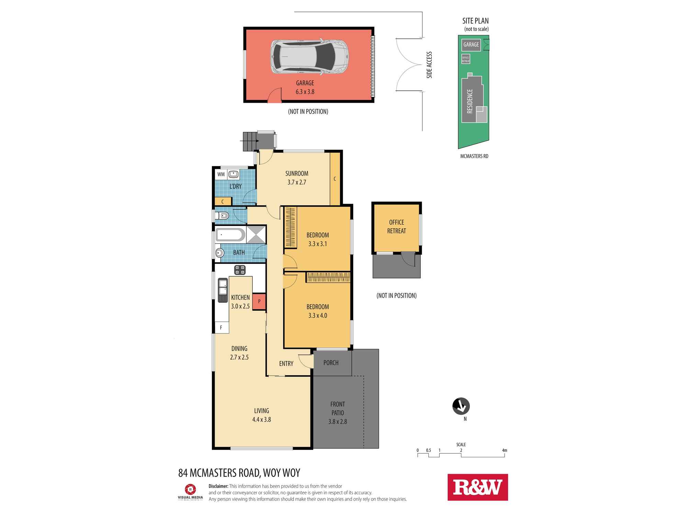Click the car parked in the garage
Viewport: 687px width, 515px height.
[310, 56]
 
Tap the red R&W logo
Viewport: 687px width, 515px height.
[477, 487]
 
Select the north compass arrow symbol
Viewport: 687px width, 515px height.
[461, 406]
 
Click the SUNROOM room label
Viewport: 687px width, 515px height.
[297, 174]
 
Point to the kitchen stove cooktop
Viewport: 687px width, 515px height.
[240, 270]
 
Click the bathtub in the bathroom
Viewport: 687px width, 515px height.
[230, 235]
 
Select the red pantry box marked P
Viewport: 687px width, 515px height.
[259, 301]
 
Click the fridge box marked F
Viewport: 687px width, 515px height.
[221, 328]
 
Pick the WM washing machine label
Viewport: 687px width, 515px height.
[221, 174]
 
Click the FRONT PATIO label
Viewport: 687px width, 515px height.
[338, 409]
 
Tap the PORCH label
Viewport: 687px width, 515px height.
[331, 363]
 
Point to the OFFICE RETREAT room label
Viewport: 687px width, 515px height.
[396, 227]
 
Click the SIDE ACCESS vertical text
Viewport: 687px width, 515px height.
[429, 65]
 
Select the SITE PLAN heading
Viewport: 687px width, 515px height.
[475, 21]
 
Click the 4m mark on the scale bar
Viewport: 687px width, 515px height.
[504, 450]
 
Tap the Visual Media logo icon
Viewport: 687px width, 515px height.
[190, 489]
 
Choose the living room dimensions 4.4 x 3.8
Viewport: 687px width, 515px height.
[261, 419]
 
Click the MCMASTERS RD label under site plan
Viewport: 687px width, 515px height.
[474, 156]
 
